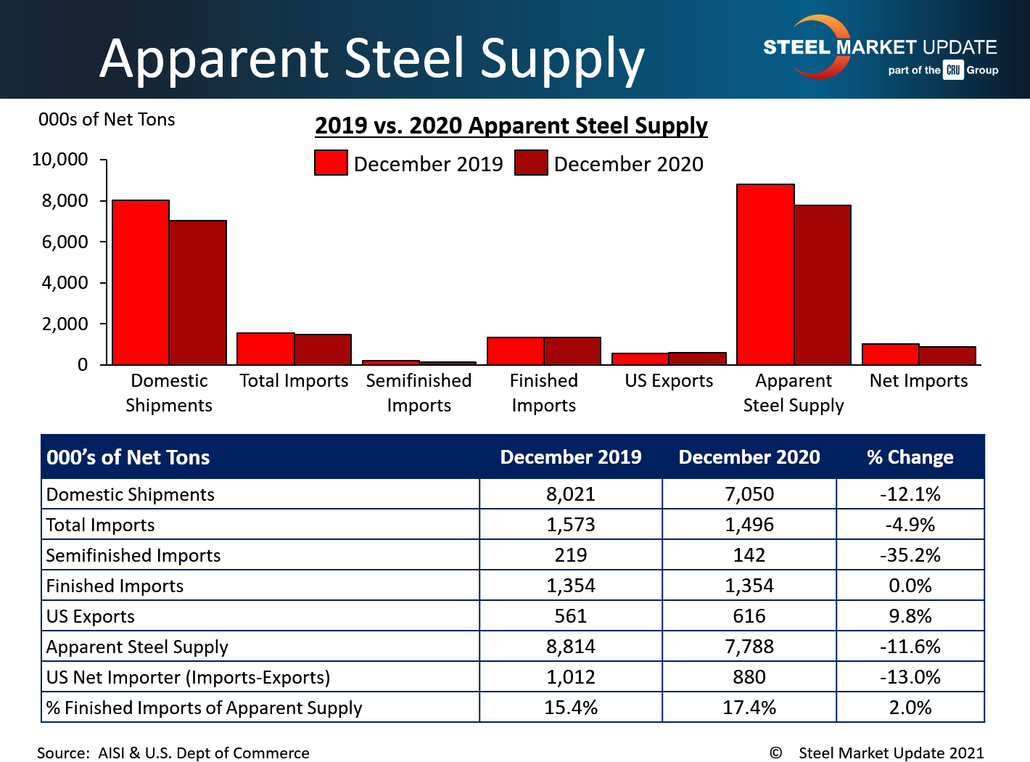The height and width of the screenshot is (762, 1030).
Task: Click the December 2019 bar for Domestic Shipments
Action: coord(141,282)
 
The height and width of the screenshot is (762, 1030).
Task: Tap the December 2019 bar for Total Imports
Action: coord(265,349)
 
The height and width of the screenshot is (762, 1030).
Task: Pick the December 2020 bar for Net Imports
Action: coord(947,356)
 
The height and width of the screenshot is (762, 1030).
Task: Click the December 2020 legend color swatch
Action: coord(531,163)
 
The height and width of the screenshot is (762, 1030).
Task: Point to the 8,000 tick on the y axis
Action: coord(65,200)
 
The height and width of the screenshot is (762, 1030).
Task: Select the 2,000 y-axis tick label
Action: coord(65,324)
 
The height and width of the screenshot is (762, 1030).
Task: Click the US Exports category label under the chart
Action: coord(669,381)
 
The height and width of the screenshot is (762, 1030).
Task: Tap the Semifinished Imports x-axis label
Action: coord(419,393)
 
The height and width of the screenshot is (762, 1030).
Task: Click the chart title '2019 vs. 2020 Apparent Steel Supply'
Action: coord(511,126)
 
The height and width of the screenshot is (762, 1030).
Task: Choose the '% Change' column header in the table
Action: coord(910,457)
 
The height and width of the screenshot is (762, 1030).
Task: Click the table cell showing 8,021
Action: coord(570,494)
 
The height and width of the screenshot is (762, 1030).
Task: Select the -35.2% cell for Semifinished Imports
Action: coord(910,555)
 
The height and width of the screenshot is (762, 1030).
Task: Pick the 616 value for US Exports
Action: coord(749,616)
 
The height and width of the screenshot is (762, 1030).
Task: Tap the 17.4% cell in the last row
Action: coord(749,708)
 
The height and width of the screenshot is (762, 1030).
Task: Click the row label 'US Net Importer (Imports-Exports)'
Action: coord(188,677)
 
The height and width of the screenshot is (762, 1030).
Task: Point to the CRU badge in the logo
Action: coord(953,70)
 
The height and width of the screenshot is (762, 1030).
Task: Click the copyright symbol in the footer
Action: coord(775,753)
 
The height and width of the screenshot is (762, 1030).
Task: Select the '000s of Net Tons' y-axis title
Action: coord(107,120)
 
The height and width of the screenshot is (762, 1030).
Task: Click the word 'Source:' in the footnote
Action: coord(63,753)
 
